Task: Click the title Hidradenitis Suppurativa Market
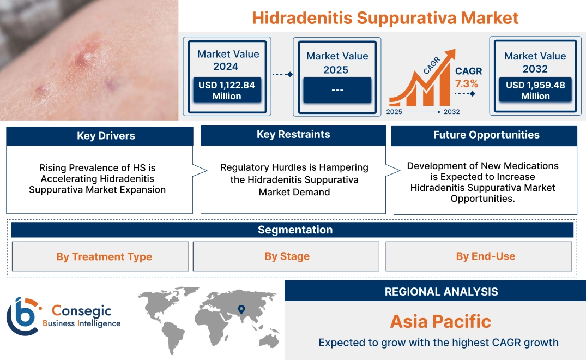click(385, 17)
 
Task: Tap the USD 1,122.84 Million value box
click(226, 90)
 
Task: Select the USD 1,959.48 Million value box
click(535, 90)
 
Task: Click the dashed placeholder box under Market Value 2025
click(337, 90)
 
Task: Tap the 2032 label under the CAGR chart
click(451, 112)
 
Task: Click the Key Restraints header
click(293, 135)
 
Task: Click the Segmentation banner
click(295, 230)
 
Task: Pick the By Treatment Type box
click(104, 256)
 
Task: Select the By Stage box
click(287, 256)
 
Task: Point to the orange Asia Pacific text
click(440, 321)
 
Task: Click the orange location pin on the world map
click(240, 310)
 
